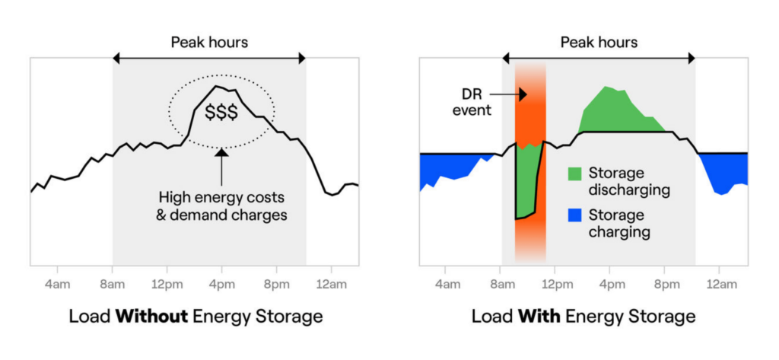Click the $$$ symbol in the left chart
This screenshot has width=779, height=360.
click(221, 112)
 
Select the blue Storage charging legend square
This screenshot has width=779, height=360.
click(576, 217)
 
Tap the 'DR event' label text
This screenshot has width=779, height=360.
click(472, 102)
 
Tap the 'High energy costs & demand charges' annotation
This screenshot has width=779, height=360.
click(221, 204)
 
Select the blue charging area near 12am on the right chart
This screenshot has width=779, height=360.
click(723, 171)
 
